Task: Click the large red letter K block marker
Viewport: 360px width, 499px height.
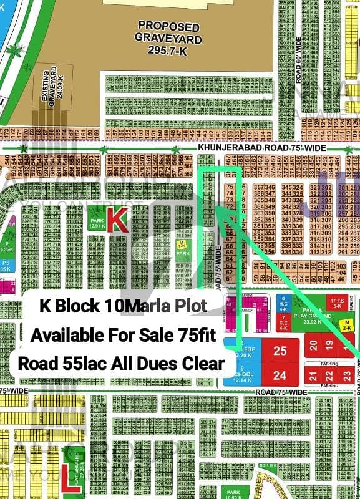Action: pyautogui.click(x=118, y=220)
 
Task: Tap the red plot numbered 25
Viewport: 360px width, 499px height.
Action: pyautogui.click(x=280, y=351)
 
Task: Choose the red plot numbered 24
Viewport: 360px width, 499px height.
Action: pyautogui.click(x=280, y=375)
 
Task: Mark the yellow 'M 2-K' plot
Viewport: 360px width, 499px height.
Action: pyautogui.click(x=346, y=324)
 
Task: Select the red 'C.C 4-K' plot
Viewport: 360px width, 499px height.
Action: pyautogui.click(x=283, y=323)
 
